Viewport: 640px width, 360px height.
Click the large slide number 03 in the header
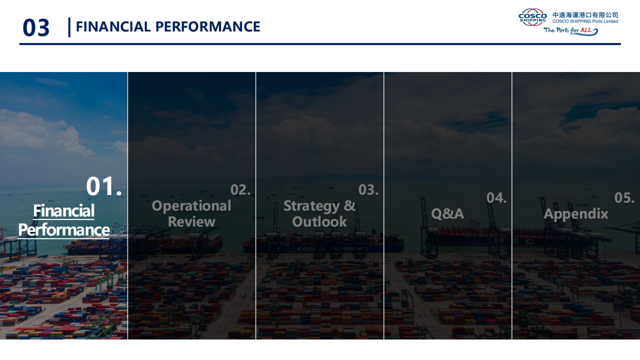(36, 27)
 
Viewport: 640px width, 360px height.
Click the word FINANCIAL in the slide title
(113, 26)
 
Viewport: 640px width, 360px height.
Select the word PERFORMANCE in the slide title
(207, 26)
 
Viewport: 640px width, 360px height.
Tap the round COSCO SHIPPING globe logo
(532, 17)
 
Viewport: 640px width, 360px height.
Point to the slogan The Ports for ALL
(570, 31)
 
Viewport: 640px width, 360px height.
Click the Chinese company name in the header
(585, 15)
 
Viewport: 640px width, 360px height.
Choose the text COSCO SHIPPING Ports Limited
(585, 21)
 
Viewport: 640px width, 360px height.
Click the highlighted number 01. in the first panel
(103, 186)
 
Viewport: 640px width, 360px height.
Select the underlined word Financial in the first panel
(63, 211)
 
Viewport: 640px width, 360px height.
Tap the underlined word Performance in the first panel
(63, 230)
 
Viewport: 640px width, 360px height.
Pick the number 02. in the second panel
(240, 189)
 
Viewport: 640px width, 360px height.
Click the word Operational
(191, 206)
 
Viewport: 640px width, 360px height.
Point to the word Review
(191, 221)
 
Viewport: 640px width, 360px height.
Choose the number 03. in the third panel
(368, 189)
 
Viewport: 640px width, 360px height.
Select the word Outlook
(319, 221)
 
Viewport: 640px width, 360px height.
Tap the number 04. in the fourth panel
(496, 197)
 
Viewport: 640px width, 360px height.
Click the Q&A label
(447, 213)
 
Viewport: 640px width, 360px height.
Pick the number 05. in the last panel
(624, 197)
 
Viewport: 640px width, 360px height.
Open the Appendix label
(575, 214)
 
